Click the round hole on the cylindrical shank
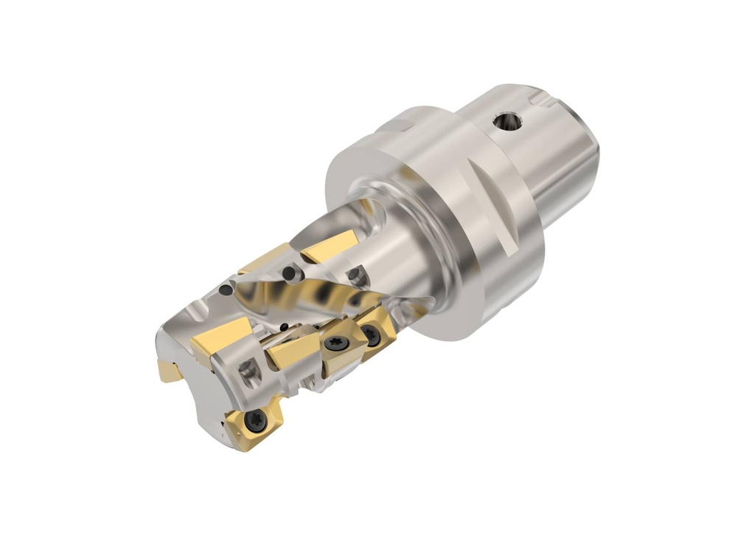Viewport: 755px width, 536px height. (x=506, y=121)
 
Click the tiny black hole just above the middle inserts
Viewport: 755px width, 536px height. (x=284, y=327)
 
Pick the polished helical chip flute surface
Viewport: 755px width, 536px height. (x=324, y=295)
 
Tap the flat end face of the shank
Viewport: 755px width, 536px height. (x=590, y=162)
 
